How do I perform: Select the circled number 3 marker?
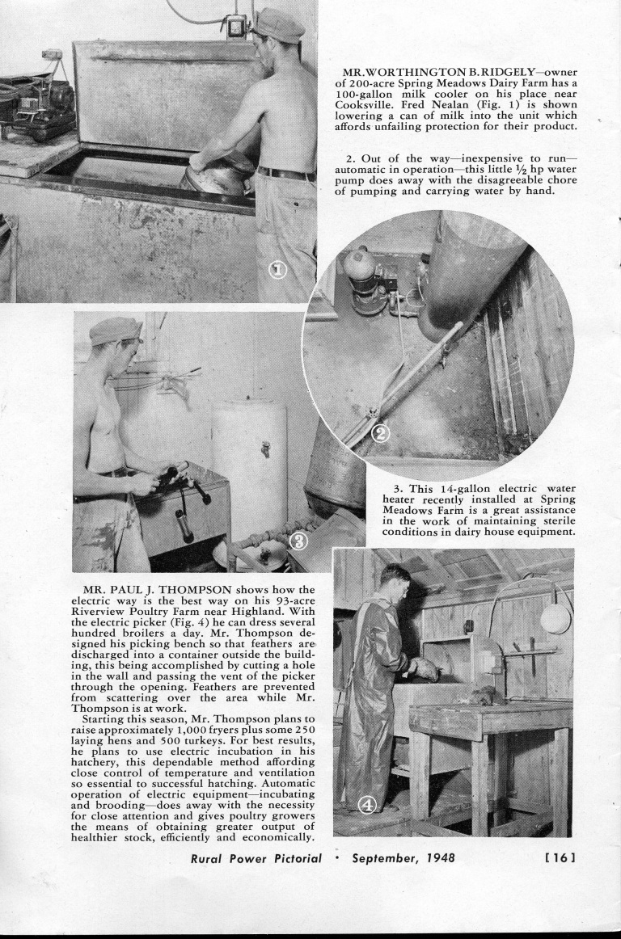pos(298,540)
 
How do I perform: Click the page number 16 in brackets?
pos(558,857)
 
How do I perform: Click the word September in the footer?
pos(382,857)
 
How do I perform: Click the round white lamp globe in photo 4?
pos(555,618)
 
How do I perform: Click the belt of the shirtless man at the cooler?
pos(285,173)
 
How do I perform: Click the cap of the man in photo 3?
pos(115,330)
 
